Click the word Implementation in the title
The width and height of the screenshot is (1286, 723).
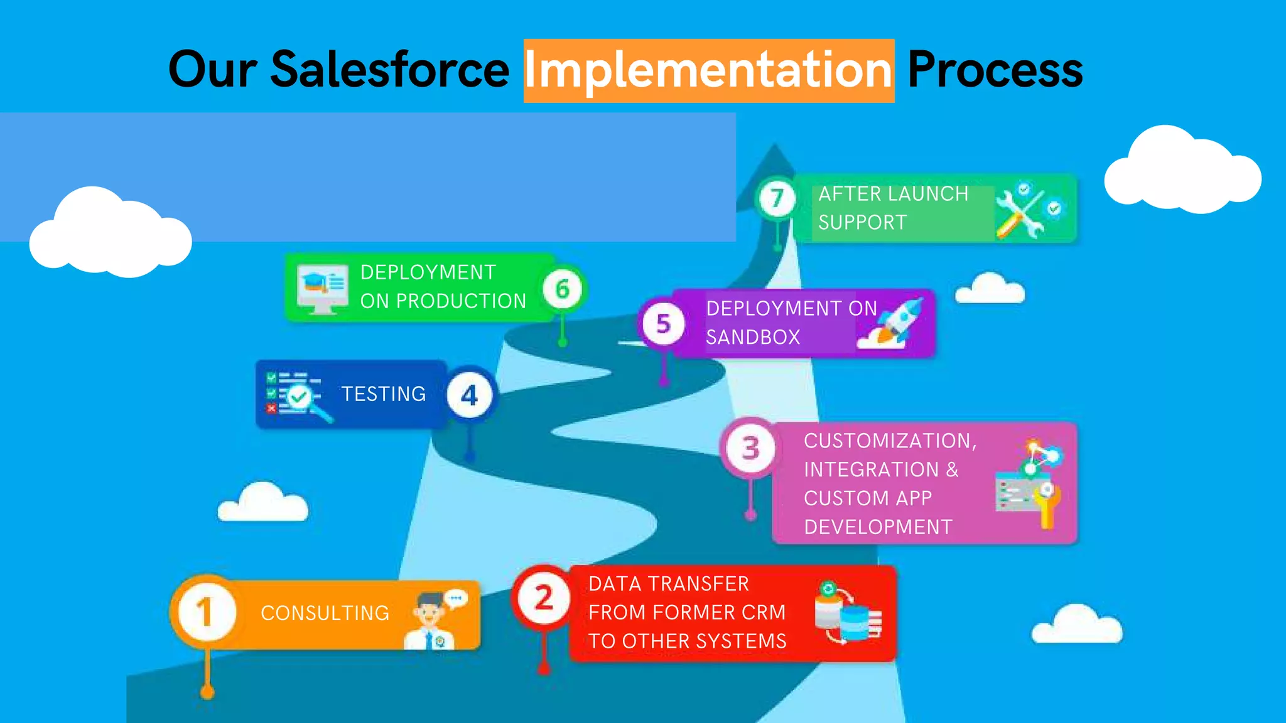tap(708, 70)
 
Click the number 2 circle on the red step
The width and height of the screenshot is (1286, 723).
tap(543, 597)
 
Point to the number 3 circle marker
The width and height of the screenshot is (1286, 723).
tap(750, 448)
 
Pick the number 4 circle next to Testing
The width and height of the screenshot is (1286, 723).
tap(470, 395)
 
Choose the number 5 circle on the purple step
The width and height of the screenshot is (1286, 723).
tap(663, 324)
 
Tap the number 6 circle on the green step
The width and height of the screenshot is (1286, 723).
tap(563, 289)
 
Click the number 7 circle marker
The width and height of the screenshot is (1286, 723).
tap(777, 198)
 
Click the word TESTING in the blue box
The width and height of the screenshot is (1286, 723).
tap(384, 394)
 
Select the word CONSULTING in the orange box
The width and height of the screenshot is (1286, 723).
tap(325, 613)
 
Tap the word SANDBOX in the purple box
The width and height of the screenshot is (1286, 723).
tap(753, 338)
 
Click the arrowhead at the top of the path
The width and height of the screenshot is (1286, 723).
tap(774, 157)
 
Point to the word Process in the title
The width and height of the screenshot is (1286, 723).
tap(995, 70)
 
